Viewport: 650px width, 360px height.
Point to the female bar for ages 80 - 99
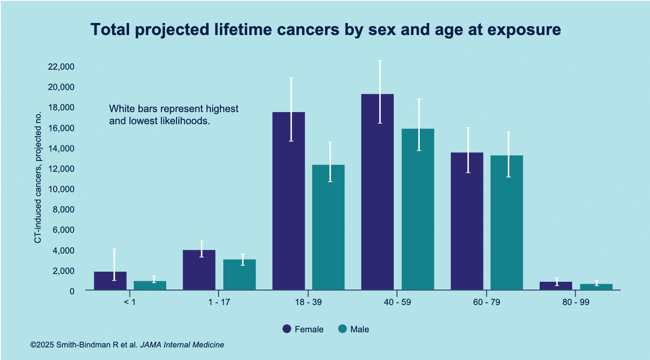tap(556, 286)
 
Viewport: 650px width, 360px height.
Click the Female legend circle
tap(286, 329)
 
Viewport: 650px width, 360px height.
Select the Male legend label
tap(360, 329)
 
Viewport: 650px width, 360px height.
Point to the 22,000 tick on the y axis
tap(61, 67)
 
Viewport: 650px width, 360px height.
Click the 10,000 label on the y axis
tap(61, 189)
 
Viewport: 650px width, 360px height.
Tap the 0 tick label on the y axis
tap(72, 291)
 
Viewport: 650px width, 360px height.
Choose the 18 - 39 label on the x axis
tap(308, 302)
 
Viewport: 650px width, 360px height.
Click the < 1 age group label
tap(130, 302)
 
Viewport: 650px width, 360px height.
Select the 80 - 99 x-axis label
tap(576, 302)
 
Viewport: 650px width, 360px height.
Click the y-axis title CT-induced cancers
tap(38, 177)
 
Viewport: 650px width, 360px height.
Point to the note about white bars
tap(174, 115)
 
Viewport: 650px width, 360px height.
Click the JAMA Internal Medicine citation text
tap(182, 345)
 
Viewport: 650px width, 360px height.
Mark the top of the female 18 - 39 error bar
tap(291, 78)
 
